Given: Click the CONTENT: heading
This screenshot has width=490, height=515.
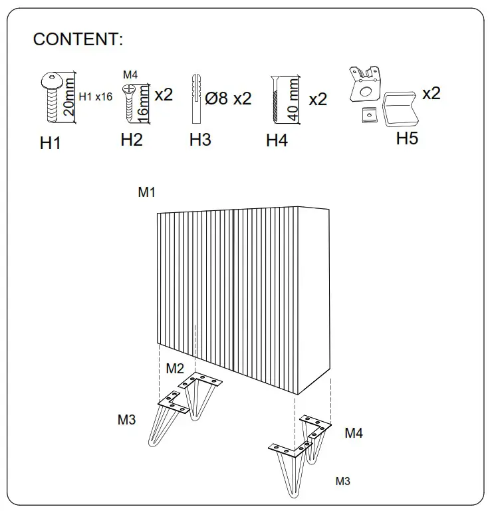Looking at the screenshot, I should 78,40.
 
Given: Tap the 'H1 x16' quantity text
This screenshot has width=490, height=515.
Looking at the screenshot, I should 95,96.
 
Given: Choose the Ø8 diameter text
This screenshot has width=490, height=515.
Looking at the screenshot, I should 217,99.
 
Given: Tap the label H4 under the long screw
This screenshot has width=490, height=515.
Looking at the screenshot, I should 277,141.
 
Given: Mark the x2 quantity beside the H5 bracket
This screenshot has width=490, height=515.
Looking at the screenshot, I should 431,93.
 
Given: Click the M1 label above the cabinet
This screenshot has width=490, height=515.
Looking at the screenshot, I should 146,193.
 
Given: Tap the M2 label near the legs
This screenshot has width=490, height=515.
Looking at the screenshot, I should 175,369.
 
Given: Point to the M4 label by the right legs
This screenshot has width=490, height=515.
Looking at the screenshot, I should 353,433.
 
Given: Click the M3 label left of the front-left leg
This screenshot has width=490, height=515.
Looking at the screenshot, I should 126,420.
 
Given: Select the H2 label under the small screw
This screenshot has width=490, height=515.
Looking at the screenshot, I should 132,140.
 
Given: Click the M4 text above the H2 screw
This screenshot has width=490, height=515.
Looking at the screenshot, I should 130,75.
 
